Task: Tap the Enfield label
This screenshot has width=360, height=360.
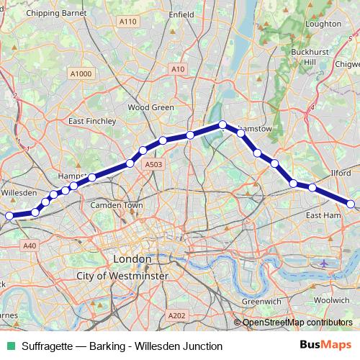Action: (x=181, y=13)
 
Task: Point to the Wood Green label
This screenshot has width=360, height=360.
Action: (x=151, y=107)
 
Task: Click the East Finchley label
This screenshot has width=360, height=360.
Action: (x=93, y=122)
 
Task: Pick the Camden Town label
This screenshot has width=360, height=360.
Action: (x=117, y=205)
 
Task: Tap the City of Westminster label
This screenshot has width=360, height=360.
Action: (x=122, y=276)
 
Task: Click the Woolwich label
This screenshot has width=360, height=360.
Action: (x=332, y=299)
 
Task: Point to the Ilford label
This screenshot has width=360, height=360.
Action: (x=340, y=174)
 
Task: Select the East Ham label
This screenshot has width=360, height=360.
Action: (x=323, y=215)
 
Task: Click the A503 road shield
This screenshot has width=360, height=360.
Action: (x=153, y=165)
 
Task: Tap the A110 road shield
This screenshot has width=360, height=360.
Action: (x=128, y=22)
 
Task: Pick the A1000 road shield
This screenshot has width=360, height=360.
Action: (x=81, y=73)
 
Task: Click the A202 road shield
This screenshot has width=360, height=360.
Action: (x=176, y=315)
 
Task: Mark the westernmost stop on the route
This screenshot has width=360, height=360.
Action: (x=9, y=215)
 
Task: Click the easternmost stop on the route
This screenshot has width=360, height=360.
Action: (x=351, y=204)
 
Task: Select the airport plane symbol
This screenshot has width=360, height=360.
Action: (x=323, y=263)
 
